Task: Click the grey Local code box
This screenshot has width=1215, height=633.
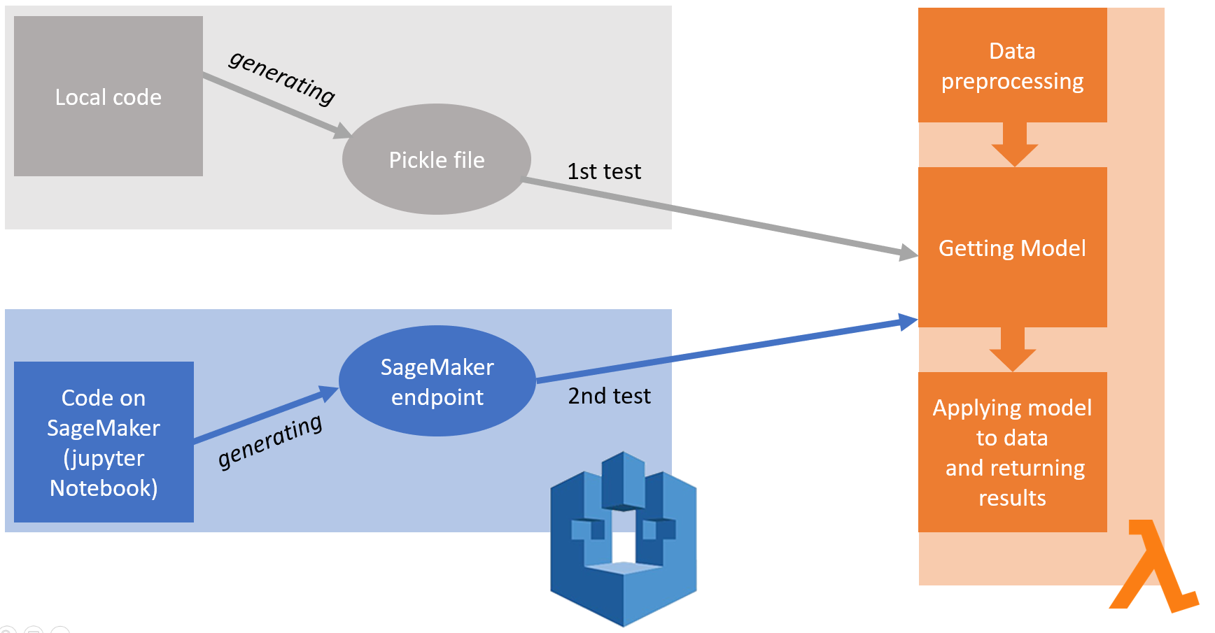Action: click(x=108, y=97)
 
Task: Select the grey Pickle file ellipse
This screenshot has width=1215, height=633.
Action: click(x=437, y=159)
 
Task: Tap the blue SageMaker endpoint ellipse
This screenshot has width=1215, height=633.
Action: click(x=437, y=381)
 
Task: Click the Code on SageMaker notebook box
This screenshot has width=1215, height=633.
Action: click(x=104, y=442)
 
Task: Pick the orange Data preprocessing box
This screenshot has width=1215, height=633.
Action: click(x=1012, y=66)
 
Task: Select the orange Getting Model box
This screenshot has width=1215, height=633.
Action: click(x=1012, y=248)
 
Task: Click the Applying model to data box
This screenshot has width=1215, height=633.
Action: click(x=1012, y=452)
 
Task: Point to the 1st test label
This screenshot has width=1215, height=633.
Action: click(x=604, y=171)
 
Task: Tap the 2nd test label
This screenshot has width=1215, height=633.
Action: click(x=609, y=396)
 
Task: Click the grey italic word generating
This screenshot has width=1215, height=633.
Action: click(x=282, y=78)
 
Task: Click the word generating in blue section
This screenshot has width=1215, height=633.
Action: click(x=270, y=442)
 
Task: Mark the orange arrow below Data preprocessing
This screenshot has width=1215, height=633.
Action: click(x=1014, y=144)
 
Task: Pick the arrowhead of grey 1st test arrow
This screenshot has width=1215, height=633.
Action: click(x=908, y=253)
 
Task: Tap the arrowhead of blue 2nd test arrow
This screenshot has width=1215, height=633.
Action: click(x=908, y=322)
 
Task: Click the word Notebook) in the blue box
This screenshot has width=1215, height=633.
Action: click(x=104, y=488)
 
